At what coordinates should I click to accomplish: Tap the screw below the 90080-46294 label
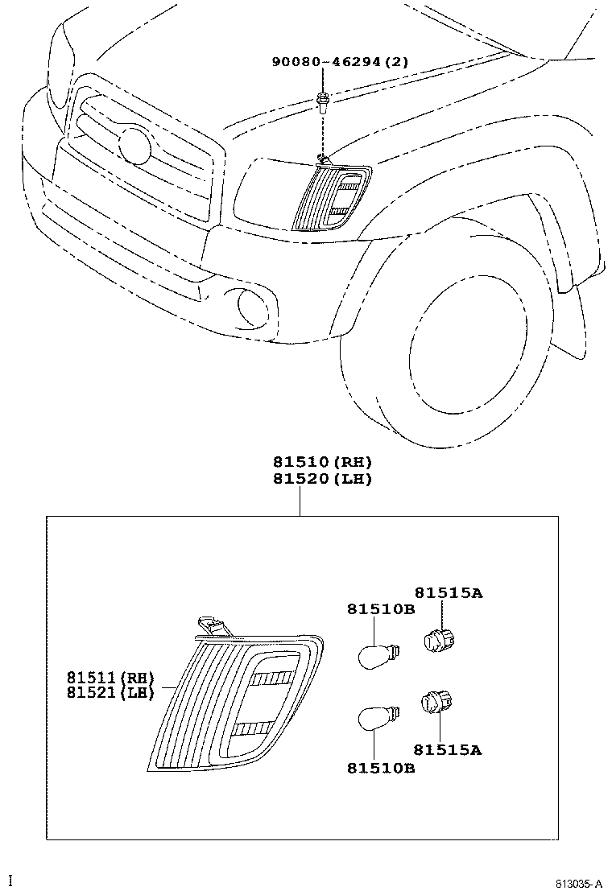[322, 101]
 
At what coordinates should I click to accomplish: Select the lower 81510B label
[381, 769]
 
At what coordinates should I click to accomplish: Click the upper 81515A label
[449, 593]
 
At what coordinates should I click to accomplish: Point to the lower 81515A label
[449, 749]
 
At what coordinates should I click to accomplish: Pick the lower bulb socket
[436, 704]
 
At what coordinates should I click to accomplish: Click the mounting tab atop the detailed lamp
[211, 625]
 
